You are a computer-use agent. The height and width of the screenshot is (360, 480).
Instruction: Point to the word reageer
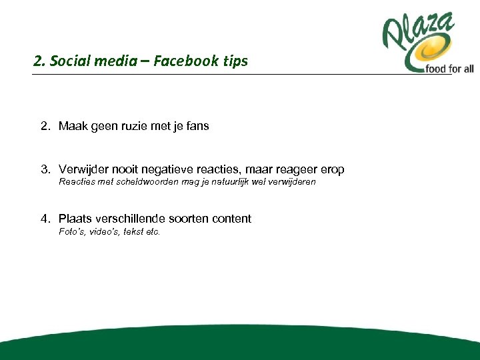(x=293, y=170)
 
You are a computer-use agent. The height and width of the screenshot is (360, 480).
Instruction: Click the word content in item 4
(x=231, y=219)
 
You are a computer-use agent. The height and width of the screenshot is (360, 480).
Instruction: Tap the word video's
(x=103, y=232)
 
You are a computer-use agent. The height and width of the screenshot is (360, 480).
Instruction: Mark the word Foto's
(x=71, y=232)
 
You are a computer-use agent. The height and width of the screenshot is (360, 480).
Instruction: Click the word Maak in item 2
(x=71, y=126)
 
